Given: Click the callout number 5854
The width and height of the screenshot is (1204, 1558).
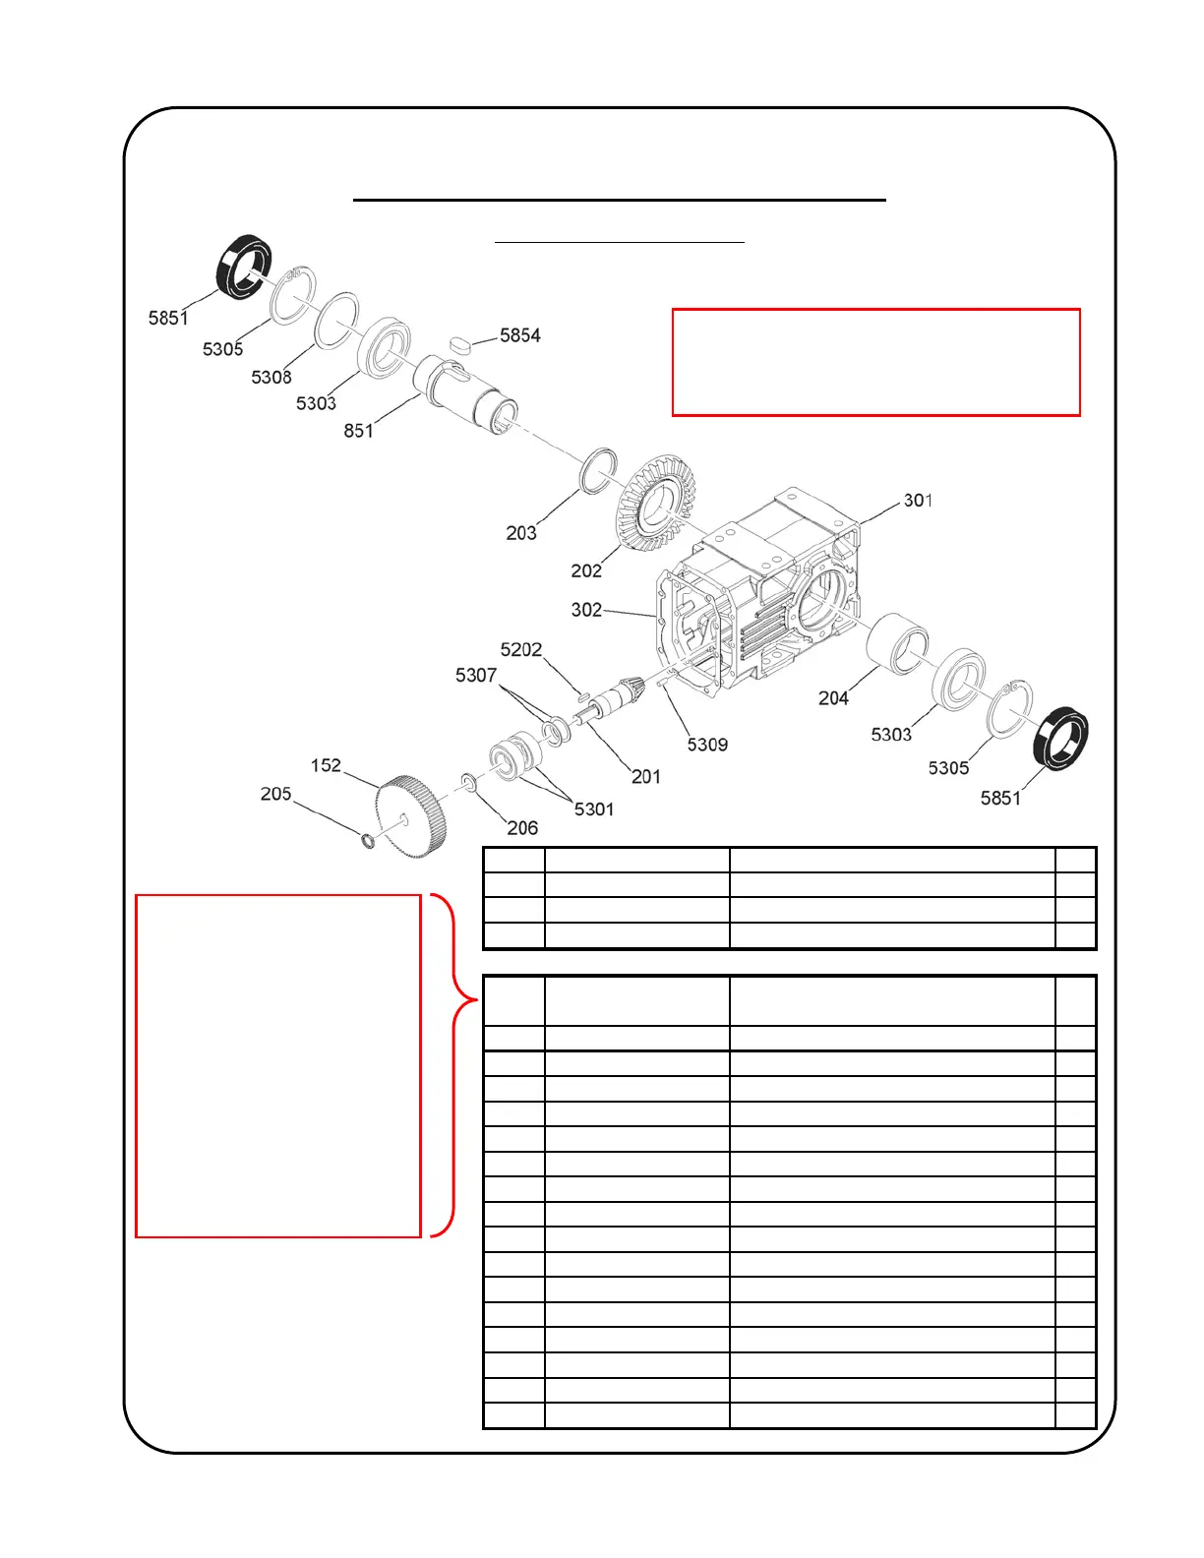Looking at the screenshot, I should [519, 335].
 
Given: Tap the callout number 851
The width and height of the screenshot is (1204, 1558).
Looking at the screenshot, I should [358, 431].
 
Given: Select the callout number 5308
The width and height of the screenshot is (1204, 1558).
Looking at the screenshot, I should [271, 378].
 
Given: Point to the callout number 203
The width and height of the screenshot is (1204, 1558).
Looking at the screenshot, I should [521, 533].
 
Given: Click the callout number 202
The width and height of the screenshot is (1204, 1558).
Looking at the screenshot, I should [586, 570].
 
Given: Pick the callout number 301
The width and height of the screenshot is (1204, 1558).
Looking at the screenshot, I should [918, 501].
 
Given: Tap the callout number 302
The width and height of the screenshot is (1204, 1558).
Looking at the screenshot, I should [586, 610].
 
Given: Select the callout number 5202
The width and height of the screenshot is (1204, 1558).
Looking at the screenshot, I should [521, 650].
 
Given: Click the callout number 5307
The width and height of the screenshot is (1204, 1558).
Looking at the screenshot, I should [476, 676].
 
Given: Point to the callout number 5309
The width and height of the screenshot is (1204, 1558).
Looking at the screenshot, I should [707, 745].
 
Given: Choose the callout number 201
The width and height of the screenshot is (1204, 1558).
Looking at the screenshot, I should [646, 777].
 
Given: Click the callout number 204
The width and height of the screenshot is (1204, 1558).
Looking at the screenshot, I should [833, 698].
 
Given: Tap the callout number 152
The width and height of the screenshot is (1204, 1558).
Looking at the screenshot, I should [326, 765].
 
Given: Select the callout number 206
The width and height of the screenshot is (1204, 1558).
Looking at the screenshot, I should [522, 828].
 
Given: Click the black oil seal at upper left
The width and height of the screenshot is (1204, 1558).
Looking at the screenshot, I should [243, 267].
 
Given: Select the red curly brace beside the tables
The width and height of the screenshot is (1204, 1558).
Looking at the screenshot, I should [454, 1065].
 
